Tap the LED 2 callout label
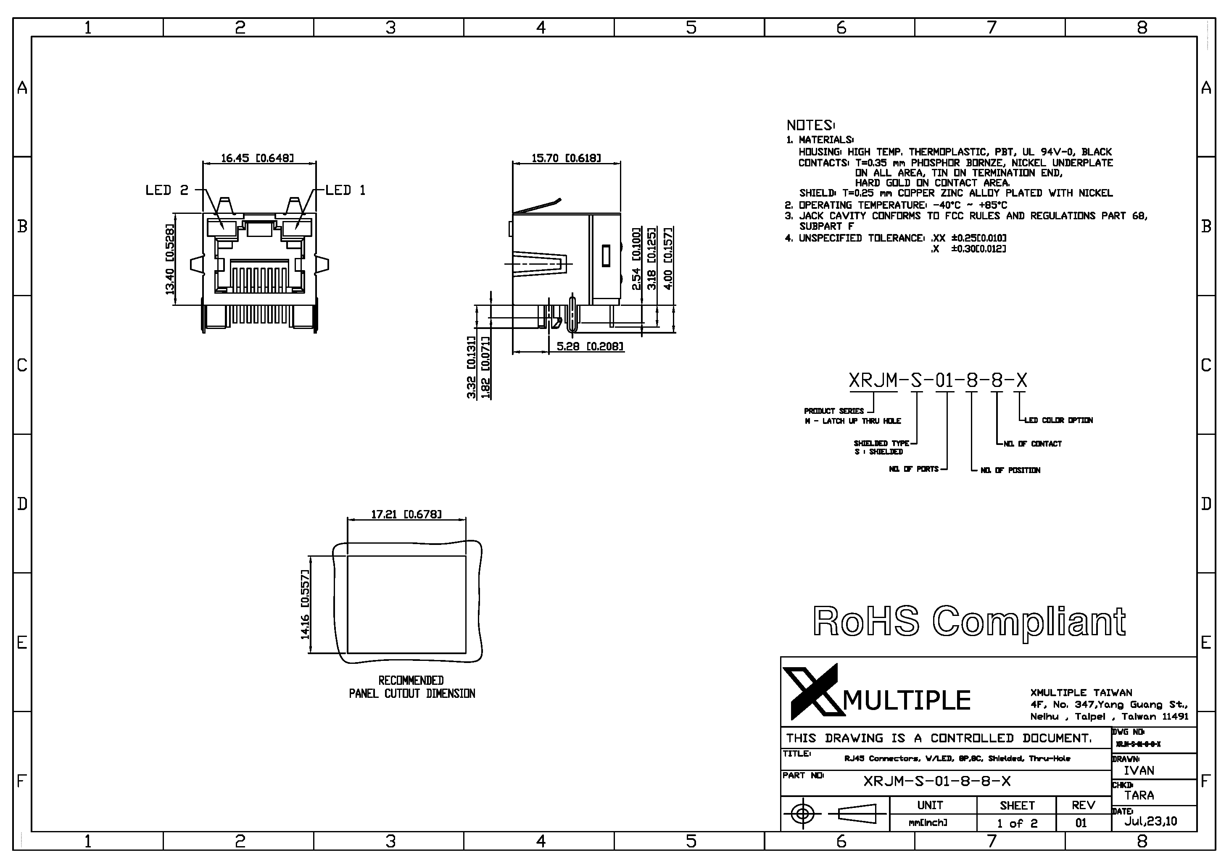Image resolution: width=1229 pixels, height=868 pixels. [x=167, y=190]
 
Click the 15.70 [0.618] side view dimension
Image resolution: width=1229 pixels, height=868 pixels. [x=566, y=158]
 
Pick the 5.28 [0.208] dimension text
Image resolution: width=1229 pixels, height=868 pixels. [x=590, y=347]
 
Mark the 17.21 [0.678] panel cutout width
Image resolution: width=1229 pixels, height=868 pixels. [x=406, y=515]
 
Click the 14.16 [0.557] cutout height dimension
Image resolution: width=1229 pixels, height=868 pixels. [x=305, y=605]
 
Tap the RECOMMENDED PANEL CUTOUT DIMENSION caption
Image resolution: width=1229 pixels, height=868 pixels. [x=411, y=687]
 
